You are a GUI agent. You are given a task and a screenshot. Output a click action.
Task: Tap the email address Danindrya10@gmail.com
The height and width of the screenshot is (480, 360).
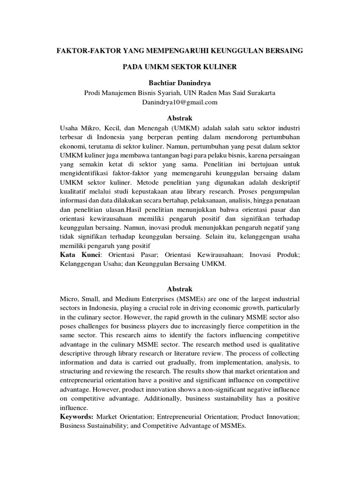[x=180, y=102]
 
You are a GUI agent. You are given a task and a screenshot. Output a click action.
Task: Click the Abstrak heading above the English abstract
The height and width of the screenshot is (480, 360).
[x=180, y=288]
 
